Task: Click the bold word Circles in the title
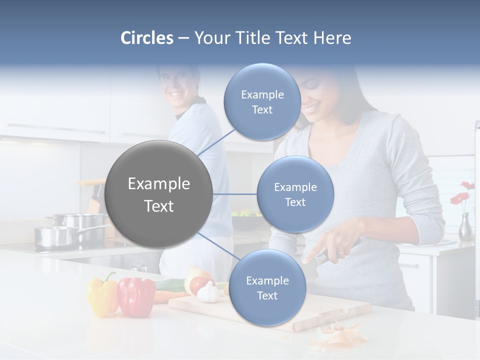(146, 38)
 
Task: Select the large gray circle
(159, 194)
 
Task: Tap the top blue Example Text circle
(262, 102)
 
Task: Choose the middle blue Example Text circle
(295, 194)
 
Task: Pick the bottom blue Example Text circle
(267, 288)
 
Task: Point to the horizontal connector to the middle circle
(234, 194)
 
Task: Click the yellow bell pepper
(102, 295)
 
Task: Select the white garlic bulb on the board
(208, 292)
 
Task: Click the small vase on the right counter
(465, 227)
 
